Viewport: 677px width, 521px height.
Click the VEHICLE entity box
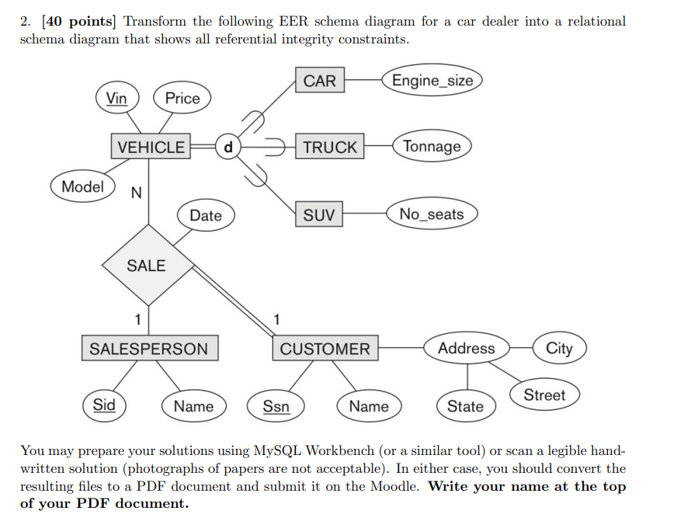(x=151, y=147)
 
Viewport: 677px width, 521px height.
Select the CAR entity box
(x=319, y=81)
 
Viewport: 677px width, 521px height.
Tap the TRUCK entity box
(x=330, y=147)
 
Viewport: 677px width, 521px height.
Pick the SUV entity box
(x=319, y=214)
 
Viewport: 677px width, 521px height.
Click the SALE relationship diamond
(x=146, y=266)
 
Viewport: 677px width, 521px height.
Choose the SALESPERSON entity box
(x=149, y=349)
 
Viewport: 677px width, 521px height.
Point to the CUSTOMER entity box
(x=325, y=349)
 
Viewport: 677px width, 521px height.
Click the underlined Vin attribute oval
(x=116, y=98)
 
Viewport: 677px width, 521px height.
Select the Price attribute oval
(x=182, y=98)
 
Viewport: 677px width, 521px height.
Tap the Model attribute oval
(x=82, y=186)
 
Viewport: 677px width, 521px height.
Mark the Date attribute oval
(x=205, y=215)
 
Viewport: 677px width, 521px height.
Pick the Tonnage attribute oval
(x=432, y=147)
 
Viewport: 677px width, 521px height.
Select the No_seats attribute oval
(x=432, y=214)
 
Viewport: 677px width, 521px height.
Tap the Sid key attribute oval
(x=104, y=405)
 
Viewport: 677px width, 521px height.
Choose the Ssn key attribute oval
(x=276, y=405)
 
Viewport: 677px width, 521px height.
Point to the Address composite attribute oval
(x=466, y=349)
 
